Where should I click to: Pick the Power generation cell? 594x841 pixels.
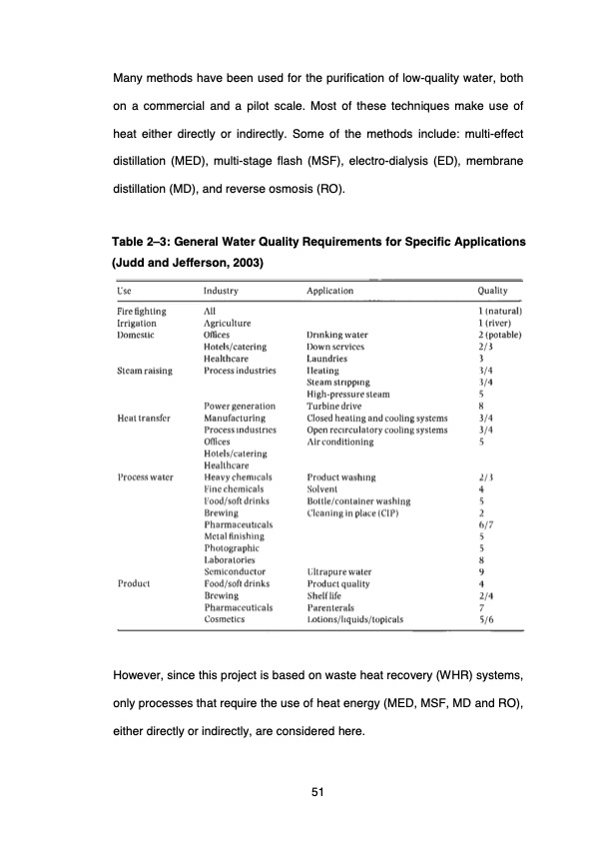tap(240, 406)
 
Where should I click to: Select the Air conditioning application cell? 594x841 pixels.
tap(340, 440)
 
